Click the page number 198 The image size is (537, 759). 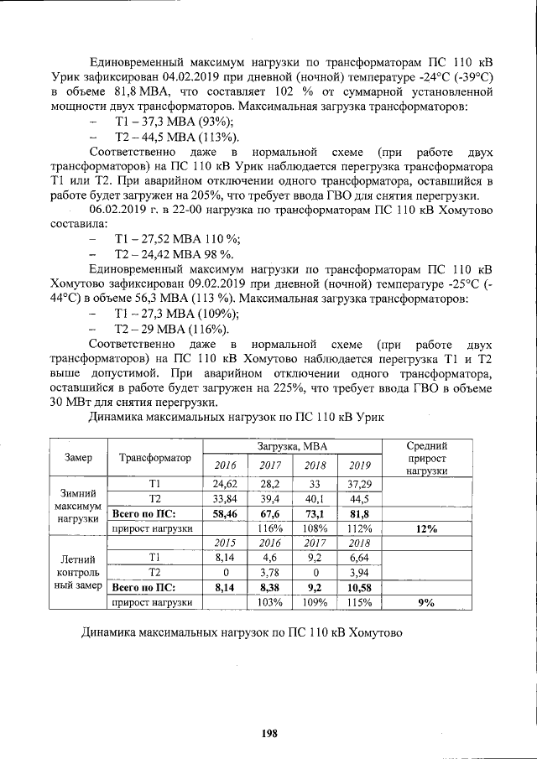268,733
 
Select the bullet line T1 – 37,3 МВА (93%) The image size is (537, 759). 167,122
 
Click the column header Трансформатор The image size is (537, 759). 155,458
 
